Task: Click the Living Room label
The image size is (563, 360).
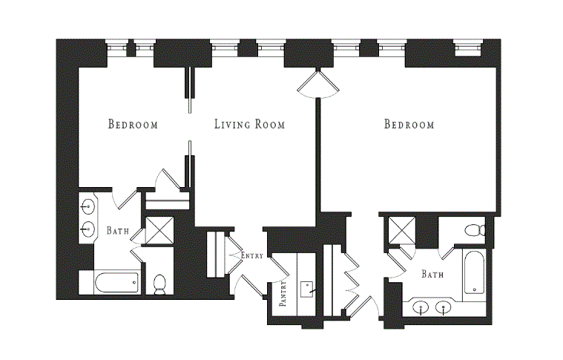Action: (x=250, y=124)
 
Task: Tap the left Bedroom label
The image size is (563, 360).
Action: (x=133, y=124)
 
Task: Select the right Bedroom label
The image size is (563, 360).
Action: (x=409, y=124)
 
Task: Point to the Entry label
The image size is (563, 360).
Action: (x=252, y=255)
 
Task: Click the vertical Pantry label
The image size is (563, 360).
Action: (x=283, y=293)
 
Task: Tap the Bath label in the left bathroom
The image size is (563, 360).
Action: (x=118, y=230)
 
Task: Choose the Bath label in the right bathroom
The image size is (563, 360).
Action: (x=432, y=275)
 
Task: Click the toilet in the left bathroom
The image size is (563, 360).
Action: (x=159, y=284)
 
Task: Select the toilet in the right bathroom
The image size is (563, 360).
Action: (x=475, y=230)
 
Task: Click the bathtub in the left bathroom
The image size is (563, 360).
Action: (x=116, y=283)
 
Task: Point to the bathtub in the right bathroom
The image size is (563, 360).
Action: (x=474, y=272)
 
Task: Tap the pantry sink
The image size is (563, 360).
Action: (x=307, y=289)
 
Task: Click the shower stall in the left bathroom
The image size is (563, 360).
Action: (x=159, y=231)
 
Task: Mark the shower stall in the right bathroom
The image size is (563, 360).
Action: (x=402, y=231)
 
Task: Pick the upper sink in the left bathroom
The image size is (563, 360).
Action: (x=88, y=206)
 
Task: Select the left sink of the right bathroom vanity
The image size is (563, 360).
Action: (x=421, y=308)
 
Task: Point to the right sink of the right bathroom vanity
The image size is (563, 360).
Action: (x=444, y=308)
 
